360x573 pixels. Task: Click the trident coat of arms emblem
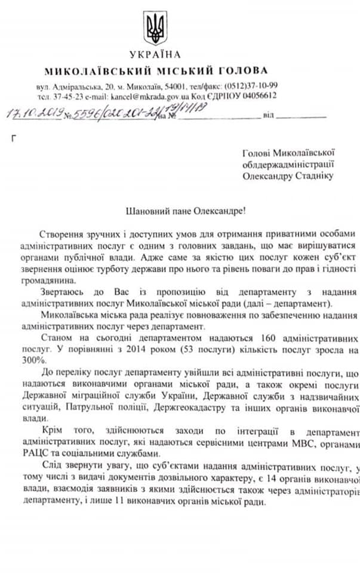pyautogui.click(x=155, y=28)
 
